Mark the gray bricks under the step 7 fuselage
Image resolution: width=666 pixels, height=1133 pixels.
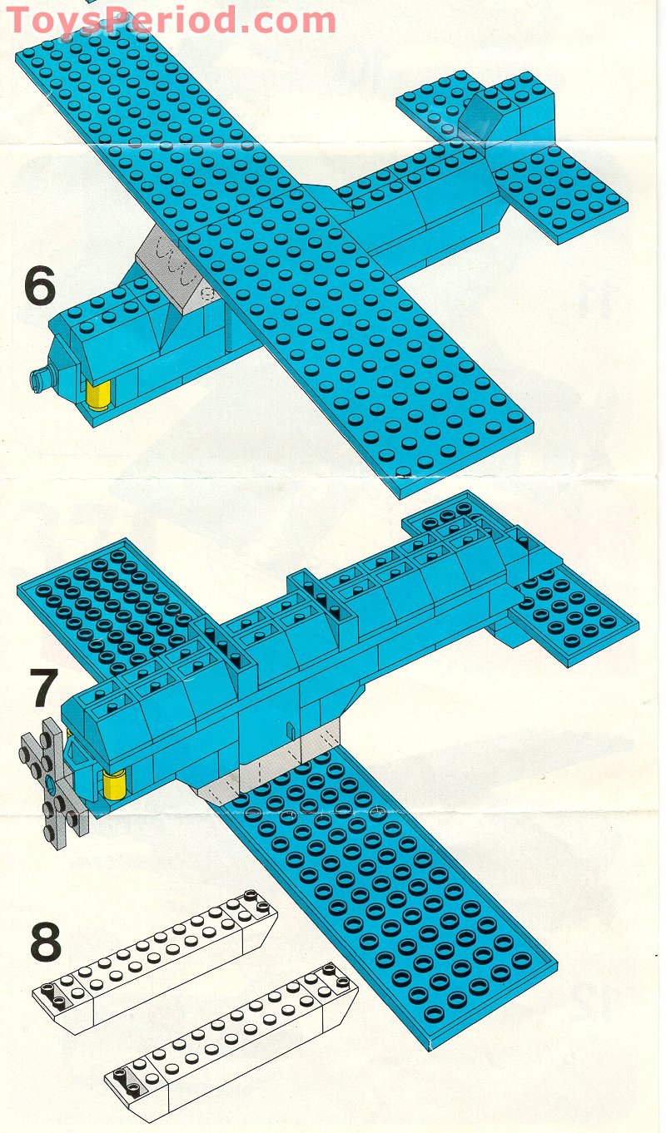coord(275,769)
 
